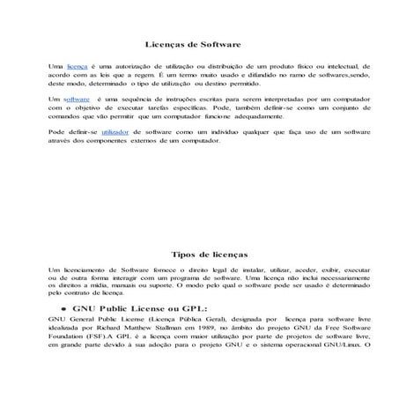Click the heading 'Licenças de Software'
pyautogui.click(x=192, y=43)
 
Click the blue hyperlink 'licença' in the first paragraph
pyautogui.click(x=78, y=65)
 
